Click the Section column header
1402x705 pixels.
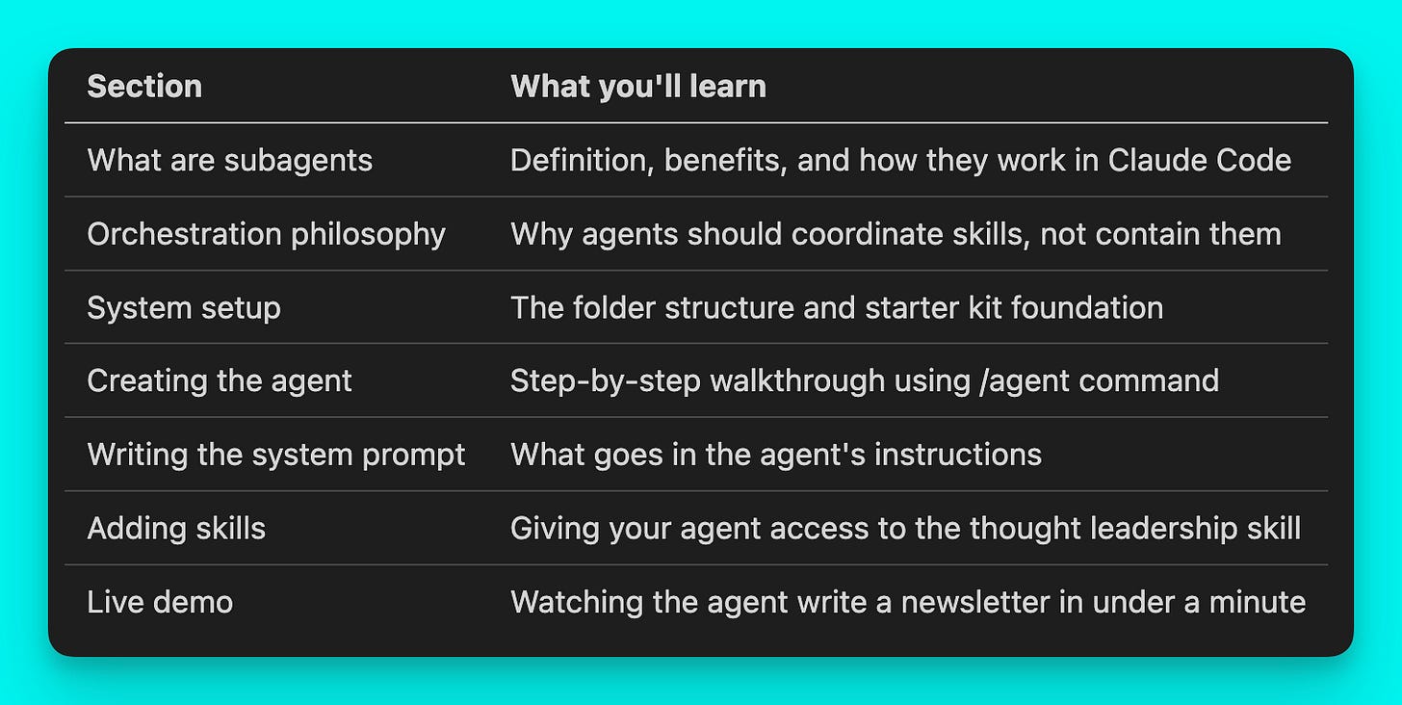pyautogui.click(x=144, y=87)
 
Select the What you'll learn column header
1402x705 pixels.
pyautogui.click(x=638, y=87)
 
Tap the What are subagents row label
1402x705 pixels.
pyautogui.click(x=229, y=160)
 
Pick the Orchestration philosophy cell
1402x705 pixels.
pyautogui.click(x=266, y=234)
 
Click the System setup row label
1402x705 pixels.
pyautogui.click(x=184, y=308)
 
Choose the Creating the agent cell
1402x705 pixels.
pyautogui.click(x=220, y=381)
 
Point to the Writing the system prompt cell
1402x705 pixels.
pyautogui.click(x=276, y=455)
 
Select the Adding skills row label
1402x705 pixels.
pyautogui.click(x=176, y=529)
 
